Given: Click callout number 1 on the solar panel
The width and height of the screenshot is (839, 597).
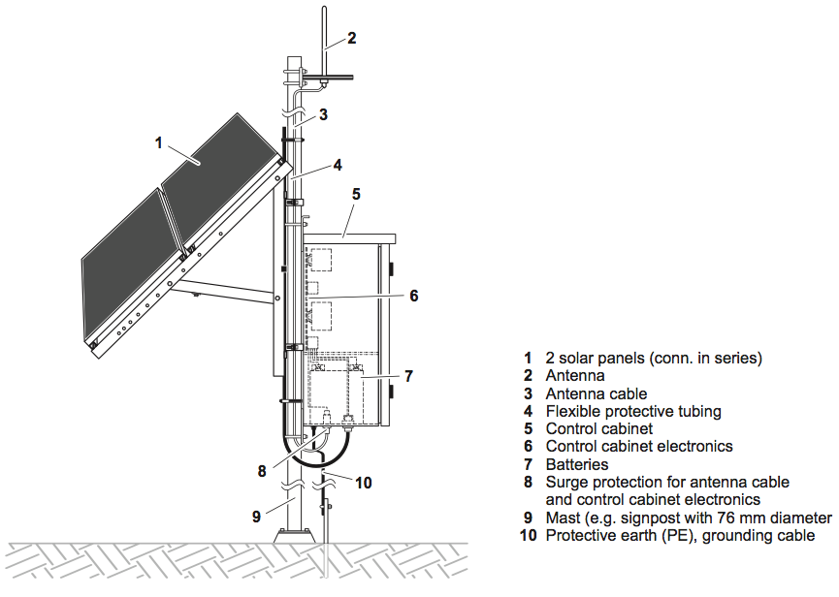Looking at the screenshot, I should (158, 142).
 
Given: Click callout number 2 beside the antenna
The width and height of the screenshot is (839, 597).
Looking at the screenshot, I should (352, 39).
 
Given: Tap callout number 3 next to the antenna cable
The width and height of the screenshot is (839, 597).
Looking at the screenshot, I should (323, 114).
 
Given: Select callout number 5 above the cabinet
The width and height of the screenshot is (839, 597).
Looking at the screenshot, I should (356, 194).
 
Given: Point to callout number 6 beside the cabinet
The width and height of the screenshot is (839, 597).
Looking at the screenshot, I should (414, 296).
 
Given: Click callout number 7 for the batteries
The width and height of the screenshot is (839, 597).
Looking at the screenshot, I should (408, 376).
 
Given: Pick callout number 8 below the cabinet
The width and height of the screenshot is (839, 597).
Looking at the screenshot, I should (262, 472).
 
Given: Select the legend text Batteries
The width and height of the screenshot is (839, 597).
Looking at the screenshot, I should (577, 464).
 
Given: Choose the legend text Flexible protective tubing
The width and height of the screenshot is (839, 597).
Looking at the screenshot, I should (633, 411).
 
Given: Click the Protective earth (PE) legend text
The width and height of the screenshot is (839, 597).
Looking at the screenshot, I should (613, 535).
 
